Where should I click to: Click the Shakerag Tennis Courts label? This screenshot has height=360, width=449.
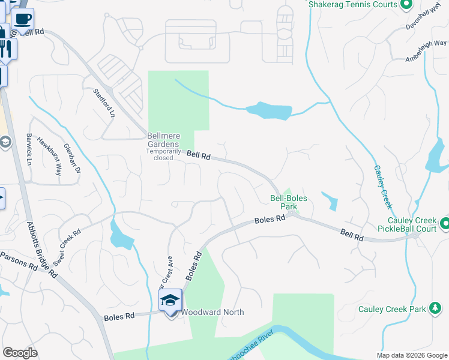pyautogui.click(x=352, y=4)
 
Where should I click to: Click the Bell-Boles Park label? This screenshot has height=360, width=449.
pyautogui.click(x=284, y=202)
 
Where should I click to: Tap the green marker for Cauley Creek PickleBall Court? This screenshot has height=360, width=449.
pyautogui.click(x=445, y=224)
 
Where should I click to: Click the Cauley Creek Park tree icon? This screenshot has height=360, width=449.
pyautogui.click(x=434, y=309)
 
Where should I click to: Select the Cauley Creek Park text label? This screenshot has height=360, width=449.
pyautogui.click(x=391, y=310)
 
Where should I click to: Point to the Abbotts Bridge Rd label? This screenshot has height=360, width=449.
pyautogui.click(x=41, y=250)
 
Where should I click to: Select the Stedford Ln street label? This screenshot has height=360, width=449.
pyautogui.click(x=103, y=103)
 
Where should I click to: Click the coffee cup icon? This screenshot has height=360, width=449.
pyautogui.click(x=22, y=19)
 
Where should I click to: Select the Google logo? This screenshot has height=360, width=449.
pyautogui.click(x=20, y=353)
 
